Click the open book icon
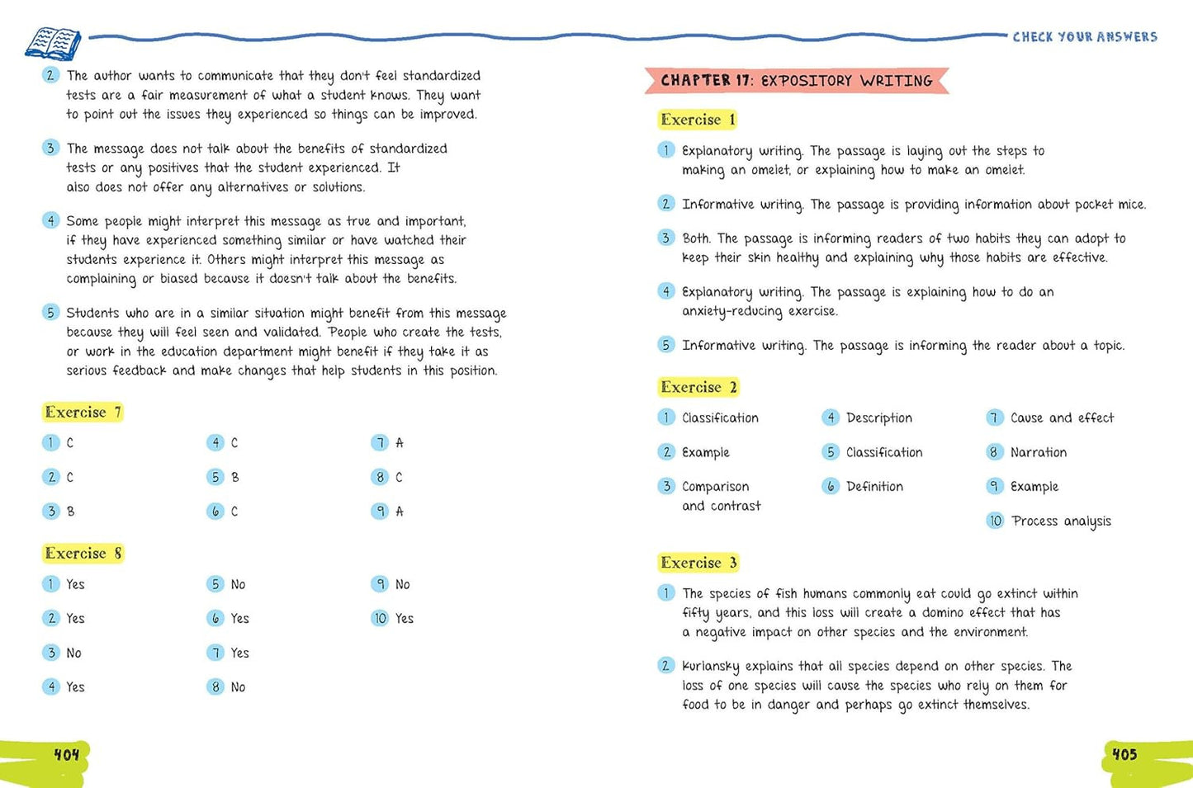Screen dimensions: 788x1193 [x=53, y=42]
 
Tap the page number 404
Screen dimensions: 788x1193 [x=67, y=754]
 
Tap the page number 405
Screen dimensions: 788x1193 [x=1124, y=754]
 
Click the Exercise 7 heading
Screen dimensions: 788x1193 [x=83, y=412]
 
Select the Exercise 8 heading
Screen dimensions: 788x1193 [x=83, y=553]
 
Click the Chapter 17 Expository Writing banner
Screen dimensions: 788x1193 [x=796, y=80]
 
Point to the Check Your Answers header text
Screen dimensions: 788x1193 [x=1085, y=36]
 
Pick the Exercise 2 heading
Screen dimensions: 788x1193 [x=698, y=387]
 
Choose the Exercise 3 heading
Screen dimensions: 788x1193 [x=698, y=563]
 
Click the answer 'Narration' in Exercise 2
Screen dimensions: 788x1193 [x=1038, y=452]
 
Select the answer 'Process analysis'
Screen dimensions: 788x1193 [x=1061, y=521]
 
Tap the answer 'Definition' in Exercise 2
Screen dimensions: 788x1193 [x=874, y=487]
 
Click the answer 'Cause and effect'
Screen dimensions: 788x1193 [x=1062, y=418]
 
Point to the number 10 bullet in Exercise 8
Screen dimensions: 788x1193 [x=380, y=618]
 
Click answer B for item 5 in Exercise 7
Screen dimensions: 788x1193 [x=235, y=477]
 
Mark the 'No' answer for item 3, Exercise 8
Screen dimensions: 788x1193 [x=73, y=653]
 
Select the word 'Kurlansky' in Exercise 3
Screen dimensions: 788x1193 [x=711, y=666]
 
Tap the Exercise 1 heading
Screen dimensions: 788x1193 [x=698, y=120]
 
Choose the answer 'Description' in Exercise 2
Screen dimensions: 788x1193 [x=878, y=418]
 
